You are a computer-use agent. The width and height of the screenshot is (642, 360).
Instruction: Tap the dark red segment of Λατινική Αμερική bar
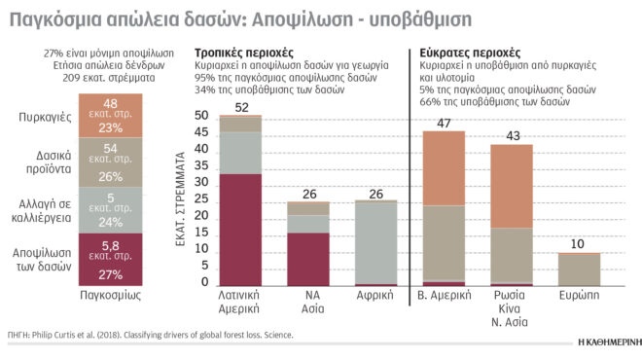[240, 230]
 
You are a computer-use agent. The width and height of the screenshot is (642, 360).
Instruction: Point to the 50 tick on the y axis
[202, 116]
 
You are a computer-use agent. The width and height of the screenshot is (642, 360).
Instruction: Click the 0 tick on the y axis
[205, 283]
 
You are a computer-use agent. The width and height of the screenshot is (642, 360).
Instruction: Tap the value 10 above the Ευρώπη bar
[578, 243]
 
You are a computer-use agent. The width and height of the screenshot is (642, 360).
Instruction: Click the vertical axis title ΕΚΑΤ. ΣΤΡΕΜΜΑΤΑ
[182, 200]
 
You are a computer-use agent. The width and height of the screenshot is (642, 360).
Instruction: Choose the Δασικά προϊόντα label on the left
[43, 162]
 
